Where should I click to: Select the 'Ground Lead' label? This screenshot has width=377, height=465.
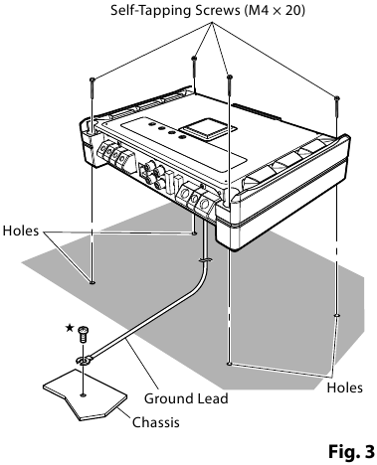(x=186, y=398)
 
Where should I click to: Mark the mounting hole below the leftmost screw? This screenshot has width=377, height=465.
(x=93, y=281)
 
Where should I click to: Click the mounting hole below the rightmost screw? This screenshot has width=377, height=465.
(x=338, y=316)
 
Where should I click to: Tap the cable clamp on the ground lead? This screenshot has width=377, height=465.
(x=203, y=260)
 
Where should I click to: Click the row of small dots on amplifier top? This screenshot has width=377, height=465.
(x=164, y=132)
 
